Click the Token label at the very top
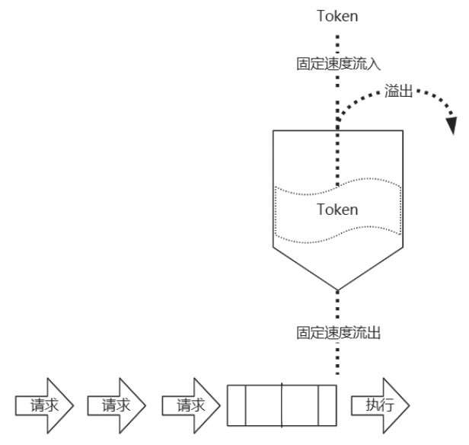[337, 15]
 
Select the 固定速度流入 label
[337, 64]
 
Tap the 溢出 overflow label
[400, 91]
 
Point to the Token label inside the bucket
[337, 210]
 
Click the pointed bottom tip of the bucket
[337, 289]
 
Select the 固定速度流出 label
[337, 332]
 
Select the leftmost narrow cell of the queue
[237, 405]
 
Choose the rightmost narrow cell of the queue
[327, 405]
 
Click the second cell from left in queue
[263, 405]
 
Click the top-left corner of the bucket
[273, 130]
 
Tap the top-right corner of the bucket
[401, 130]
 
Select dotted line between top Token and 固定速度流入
[337, 40]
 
